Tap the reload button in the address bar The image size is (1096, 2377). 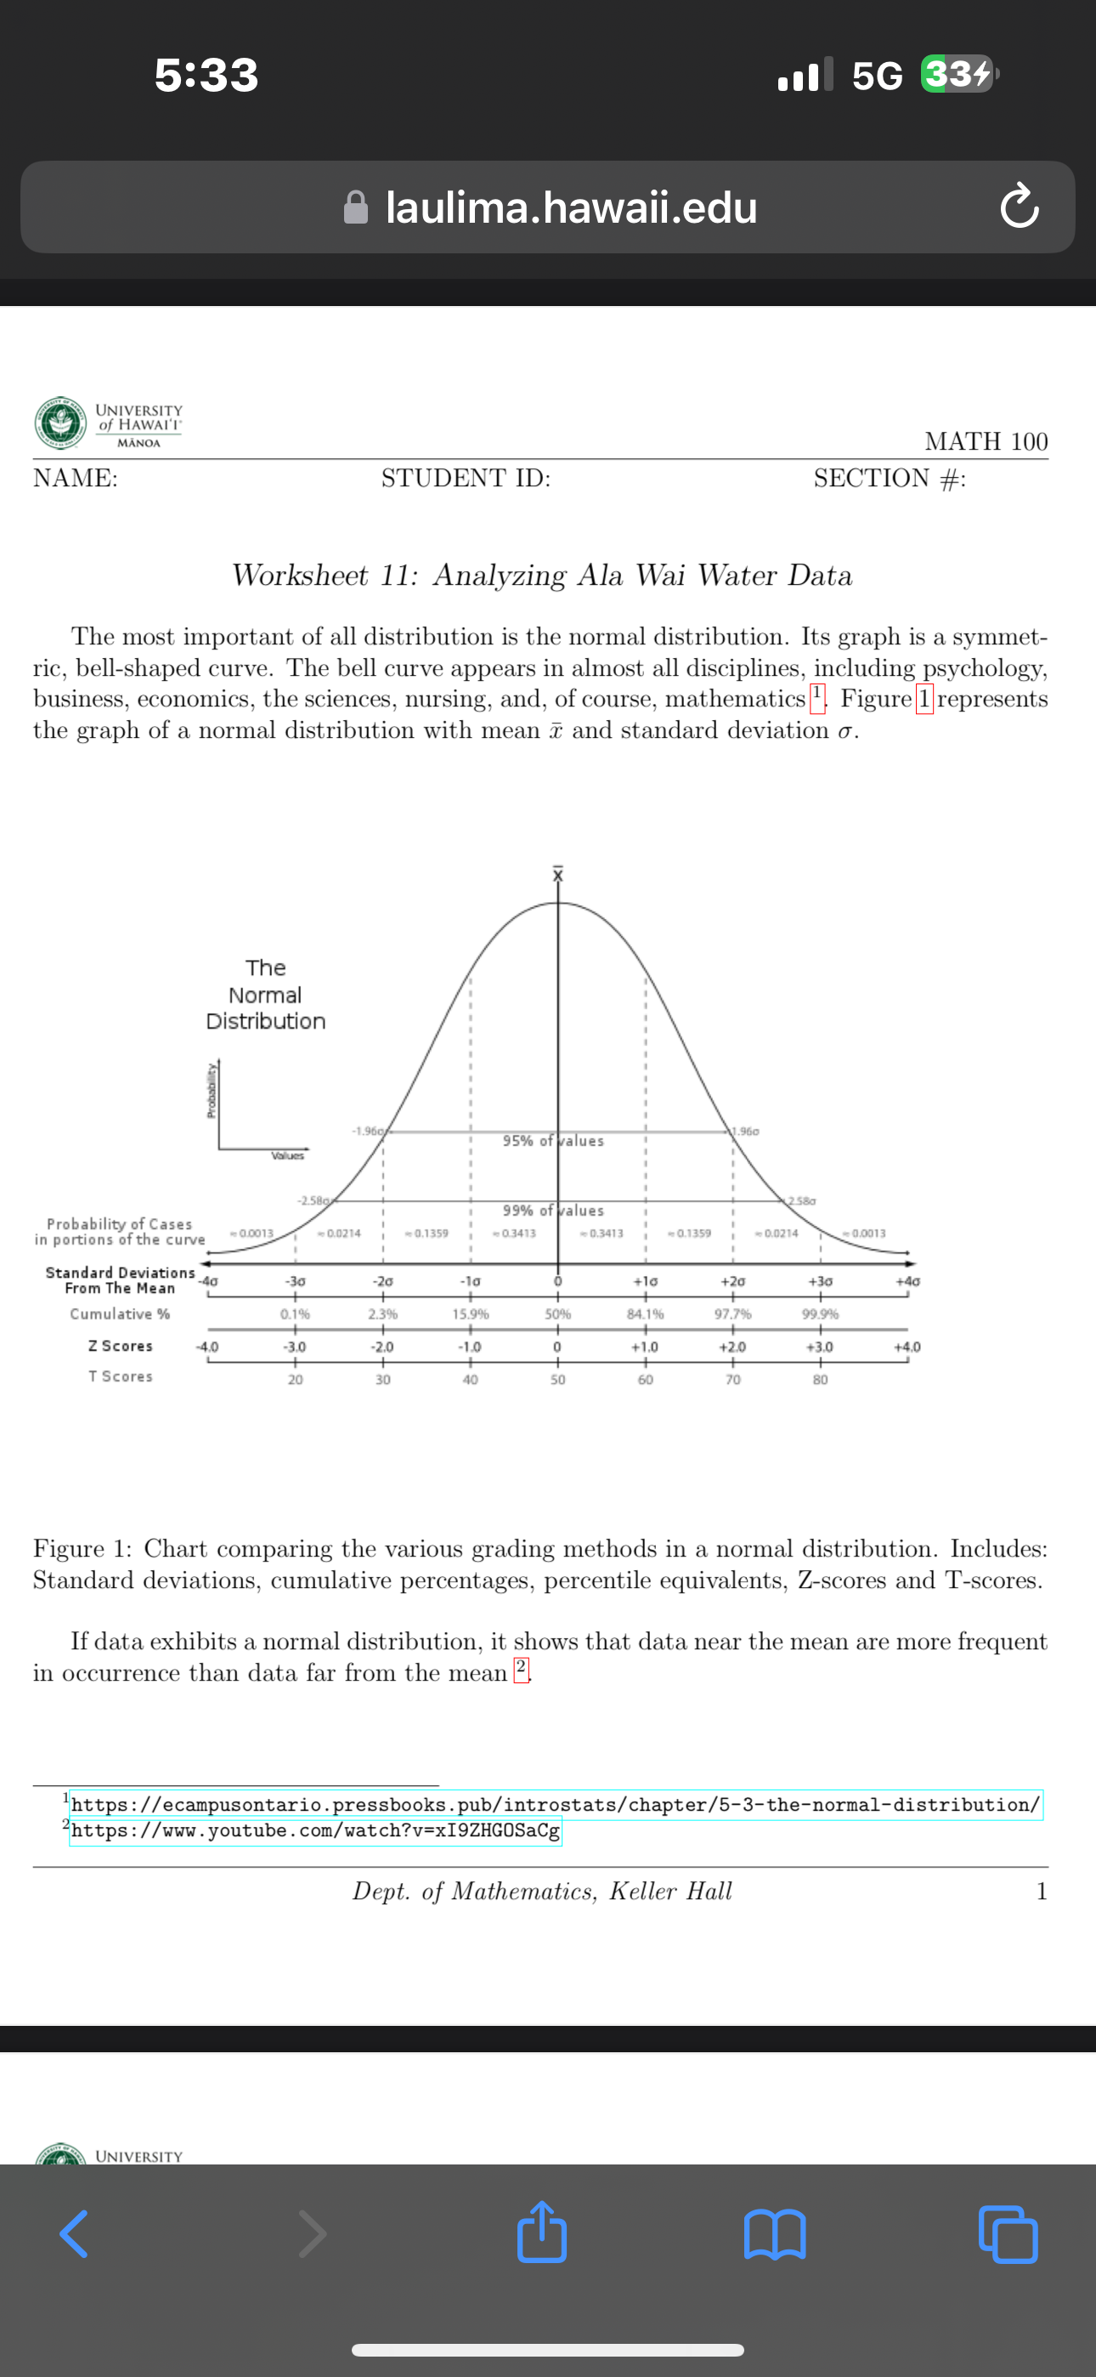pyautogui.click(x=1019, y=207)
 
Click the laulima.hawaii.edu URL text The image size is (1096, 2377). pyautogui.click(x=570, y=207)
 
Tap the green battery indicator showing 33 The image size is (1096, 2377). pyautogui.click(x=958, y=74)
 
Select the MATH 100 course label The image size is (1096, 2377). pyautogui.click(x=986, y=441)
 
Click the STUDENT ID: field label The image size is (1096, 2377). pyautogui.click(x=466, y=478)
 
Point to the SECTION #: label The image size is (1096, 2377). pyautogui.click(x=890, y=478)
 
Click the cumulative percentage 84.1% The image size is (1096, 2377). pyautogui.click(x=645, y=1314)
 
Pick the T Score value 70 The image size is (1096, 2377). pyautogui.click(x=732, y=1380)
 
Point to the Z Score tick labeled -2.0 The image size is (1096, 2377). pyautogui.click(x=382, y=1347)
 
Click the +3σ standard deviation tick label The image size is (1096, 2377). pyautogui.click(x=820, y=1282)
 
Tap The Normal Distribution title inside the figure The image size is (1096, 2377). pyautogui.click(x=266, y=994)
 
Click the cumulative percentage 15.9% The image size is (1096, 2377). pyautogui.click(x=471, y=1314)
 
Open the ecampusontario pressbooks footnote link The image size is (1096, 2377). pyautogui.click(x=556, y=1804)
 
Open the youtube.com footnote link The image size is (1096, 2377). pyautogui.click(x=315, y=1830)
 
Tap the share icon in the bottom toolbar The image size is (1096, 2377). pyautogui.click(x=541, y=2232)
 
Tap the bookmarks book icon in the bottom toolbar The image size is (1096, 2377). pyautogui.click(x=775, y=2234)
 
